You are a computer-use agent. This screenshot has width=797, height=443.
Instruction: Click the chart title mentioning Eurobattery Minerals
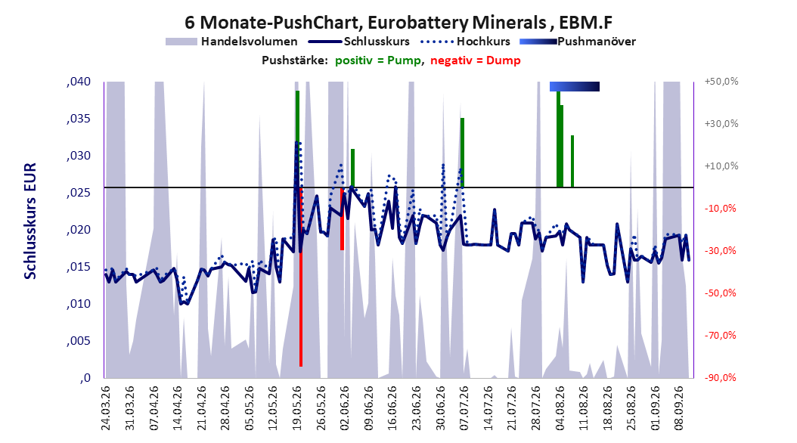tap(398, 22)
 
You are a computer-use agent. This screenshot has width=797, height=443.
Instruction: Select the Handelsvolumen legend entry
tap(232, 42)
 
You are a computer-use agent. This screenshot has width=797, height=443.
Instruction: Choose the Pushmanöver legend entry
tap(578, 42)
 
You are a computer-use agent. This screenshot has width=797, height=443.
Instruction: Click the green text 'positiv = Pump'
tap(378, 60)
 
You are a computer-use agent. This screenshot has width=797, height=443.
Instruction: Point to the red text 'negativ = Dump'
tap(476, 60)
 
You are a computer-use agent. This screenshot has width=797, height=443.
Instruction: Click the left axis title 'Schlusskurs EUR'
tap(30, 221)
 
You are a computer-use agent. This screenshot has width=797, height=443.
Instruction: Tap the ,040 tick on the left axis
tap(79, 82)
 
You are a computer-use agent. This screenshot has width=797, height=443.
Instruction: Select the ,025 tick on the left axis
tap(79, 193)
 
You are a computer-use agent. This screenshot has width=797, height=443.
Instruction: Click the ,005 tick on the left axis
tap(79, 341)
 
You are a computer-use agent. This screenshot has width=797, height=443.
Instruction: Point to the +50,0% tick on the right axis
tap(721, 82)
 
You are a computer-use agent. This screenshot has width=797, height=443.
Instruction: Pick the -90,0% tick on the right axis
tap(720, 377)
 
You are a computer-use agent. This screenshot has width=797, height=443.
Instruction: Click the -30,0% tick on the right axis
tap(720, 250)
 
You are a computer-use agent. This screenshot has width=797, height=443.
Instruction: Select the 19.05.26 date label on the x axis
tap(297, 408)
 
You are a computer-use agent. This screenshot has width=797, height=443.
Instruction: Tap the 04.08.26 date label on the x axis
tap(560, 408)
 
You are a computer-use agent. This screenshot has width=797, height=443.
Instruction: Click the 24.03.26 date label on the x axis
tap(106, 408)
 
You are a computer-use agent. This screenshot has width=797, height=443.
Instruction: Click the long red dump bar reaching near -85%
tap(301, 277)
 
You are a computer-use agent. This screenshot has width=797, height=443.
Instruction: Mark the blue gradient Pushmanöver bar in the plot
tap(575, 86)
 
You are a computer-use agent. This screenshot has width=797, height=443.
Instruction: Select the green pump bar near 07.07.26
tap(463, 153)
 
